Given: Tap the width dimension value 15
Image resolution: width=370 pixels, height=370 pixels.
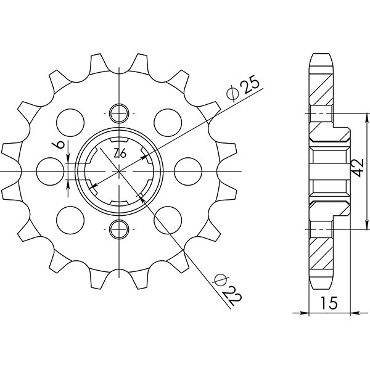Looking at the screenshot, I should (x=329, y=303).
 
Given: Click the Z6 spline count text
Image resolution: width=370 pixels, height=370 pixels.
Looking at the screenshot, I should (x=119, y=154).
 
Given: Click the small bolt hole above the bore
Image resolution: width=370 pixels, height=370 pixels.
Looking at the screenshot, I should (x=118, y=112).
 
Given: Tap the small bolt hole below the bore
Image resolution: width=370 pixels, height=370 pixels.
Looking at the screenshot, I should (x=118, y=229).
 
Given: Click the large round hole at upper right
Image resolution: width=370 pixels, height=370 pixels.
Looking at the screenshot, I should (x=166, y=120).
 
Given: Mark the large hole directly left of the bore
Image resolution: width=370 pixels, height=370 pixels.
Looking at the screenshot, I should (x=49, y=170).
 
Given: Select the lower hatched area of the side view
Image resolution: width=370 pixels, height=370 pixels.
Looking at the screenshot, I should (x=321, y=252).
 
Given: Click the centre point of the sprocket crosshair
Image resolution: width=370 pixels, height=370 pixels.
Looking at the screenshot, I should (x=118, y=171).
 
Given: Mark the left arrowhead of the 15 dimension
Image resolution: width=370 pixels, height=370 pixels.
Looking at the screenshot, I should (x=311, y=313).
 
